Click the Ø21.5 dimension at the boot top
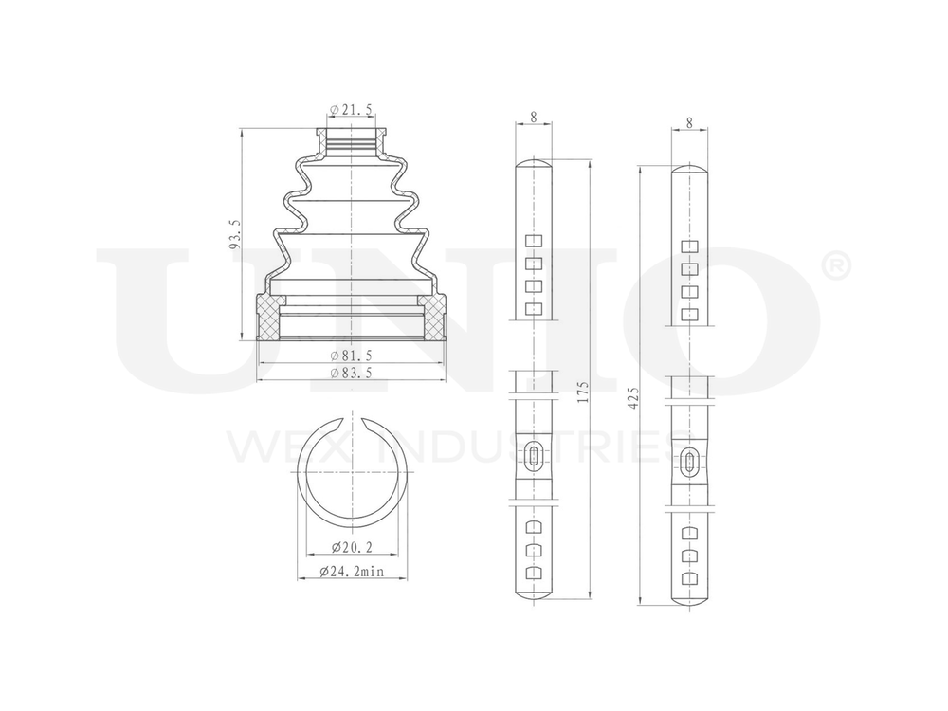351,111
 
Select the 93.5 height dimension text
235,233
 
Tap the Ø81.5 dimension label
351,355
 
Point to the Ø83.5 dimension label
351,374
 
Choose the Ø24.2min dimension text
351,572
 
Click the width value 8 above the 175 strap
534,118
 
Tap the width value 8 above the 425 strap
689,122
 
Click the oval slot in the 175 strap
535,457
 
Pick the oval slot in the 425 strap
689,463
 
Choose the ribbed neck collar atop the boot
352,141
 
